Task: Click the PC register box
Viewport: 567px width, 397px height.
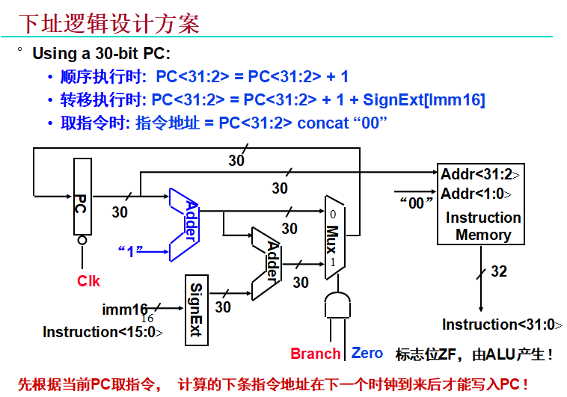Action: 82,198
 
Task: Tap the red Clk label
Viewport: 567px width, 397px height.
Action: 88,281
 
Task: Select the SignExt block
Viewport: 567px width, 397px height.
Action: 196,310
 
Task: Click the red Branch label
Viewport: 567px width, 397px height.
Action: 316,354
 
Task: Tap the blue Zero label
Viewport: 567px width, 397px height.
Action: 367,353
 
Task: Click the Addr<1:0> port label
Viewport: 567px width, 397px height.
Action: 476,194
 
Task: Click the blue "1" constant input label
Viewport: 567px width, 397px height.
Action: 130,251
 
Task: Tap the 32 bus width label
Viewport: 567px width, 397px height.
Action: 498,271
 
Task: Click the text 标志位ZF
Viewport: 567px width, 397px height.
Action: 424,354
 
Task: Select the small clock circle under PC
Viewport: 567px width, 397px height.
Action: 82,241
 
